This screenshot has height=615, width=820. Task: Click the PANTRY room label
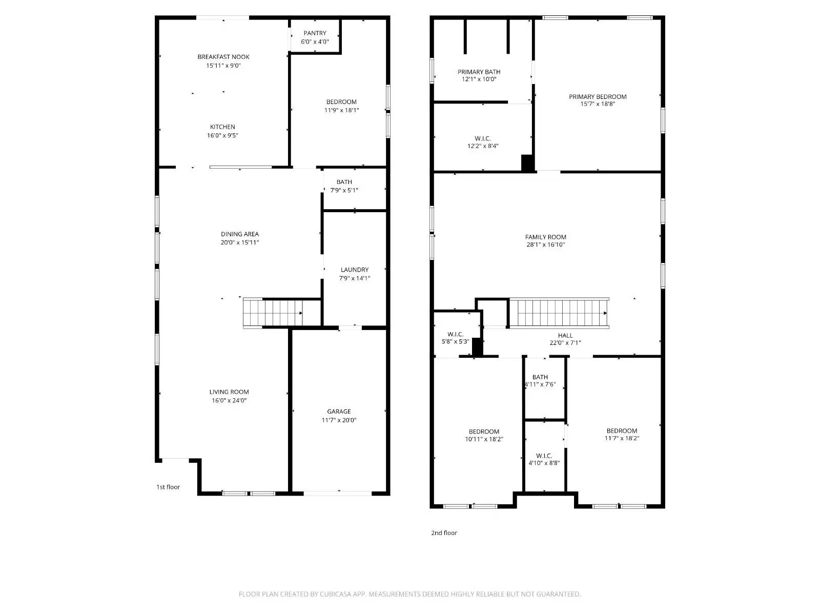tap(315, 33)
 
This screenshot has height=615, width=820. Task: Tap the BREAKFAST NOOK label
tap(223, 57)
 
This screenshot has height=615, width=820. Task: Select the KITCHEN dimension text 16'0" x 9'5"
tap(222, 136)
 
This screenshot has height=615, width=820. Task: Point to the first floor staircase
tap(273, 313)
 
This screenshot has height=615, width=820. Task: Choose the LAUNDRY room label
tap(355, 270)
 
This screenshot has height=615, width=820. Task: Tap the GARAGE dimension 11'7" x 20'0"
tap(339, 420)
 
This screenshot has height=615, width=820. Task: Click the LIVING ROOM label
tap(229, 392)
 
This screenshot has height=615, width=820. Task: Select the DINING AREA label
tap(240, 234)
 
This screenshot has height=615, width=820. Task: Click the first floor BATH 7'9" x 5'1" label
tap(344, 182)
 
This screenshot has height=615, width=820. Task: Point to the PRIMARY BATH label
tap(479, 72)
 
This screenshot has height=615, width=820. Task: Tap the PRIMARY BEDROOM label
tap(598, 97)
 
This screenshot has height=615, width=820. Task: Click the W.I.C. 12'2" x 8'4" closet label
tap(482, 139)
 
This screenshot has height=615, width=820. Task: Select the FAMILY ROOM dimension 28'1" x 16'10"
tap(546, 245)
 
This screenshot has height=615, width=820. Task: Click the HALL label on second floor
tap(565, 336)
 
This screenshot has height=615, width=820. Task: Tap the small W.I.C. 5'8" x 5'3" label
tap(455, 335)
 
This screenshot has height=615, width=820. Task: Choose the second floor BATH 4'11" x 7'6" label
tap(540, 377)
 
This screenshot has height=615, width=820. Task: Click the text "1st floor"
tap(168, 487)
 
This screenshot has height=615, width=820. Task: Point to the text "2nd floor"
tap(444, 533)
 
